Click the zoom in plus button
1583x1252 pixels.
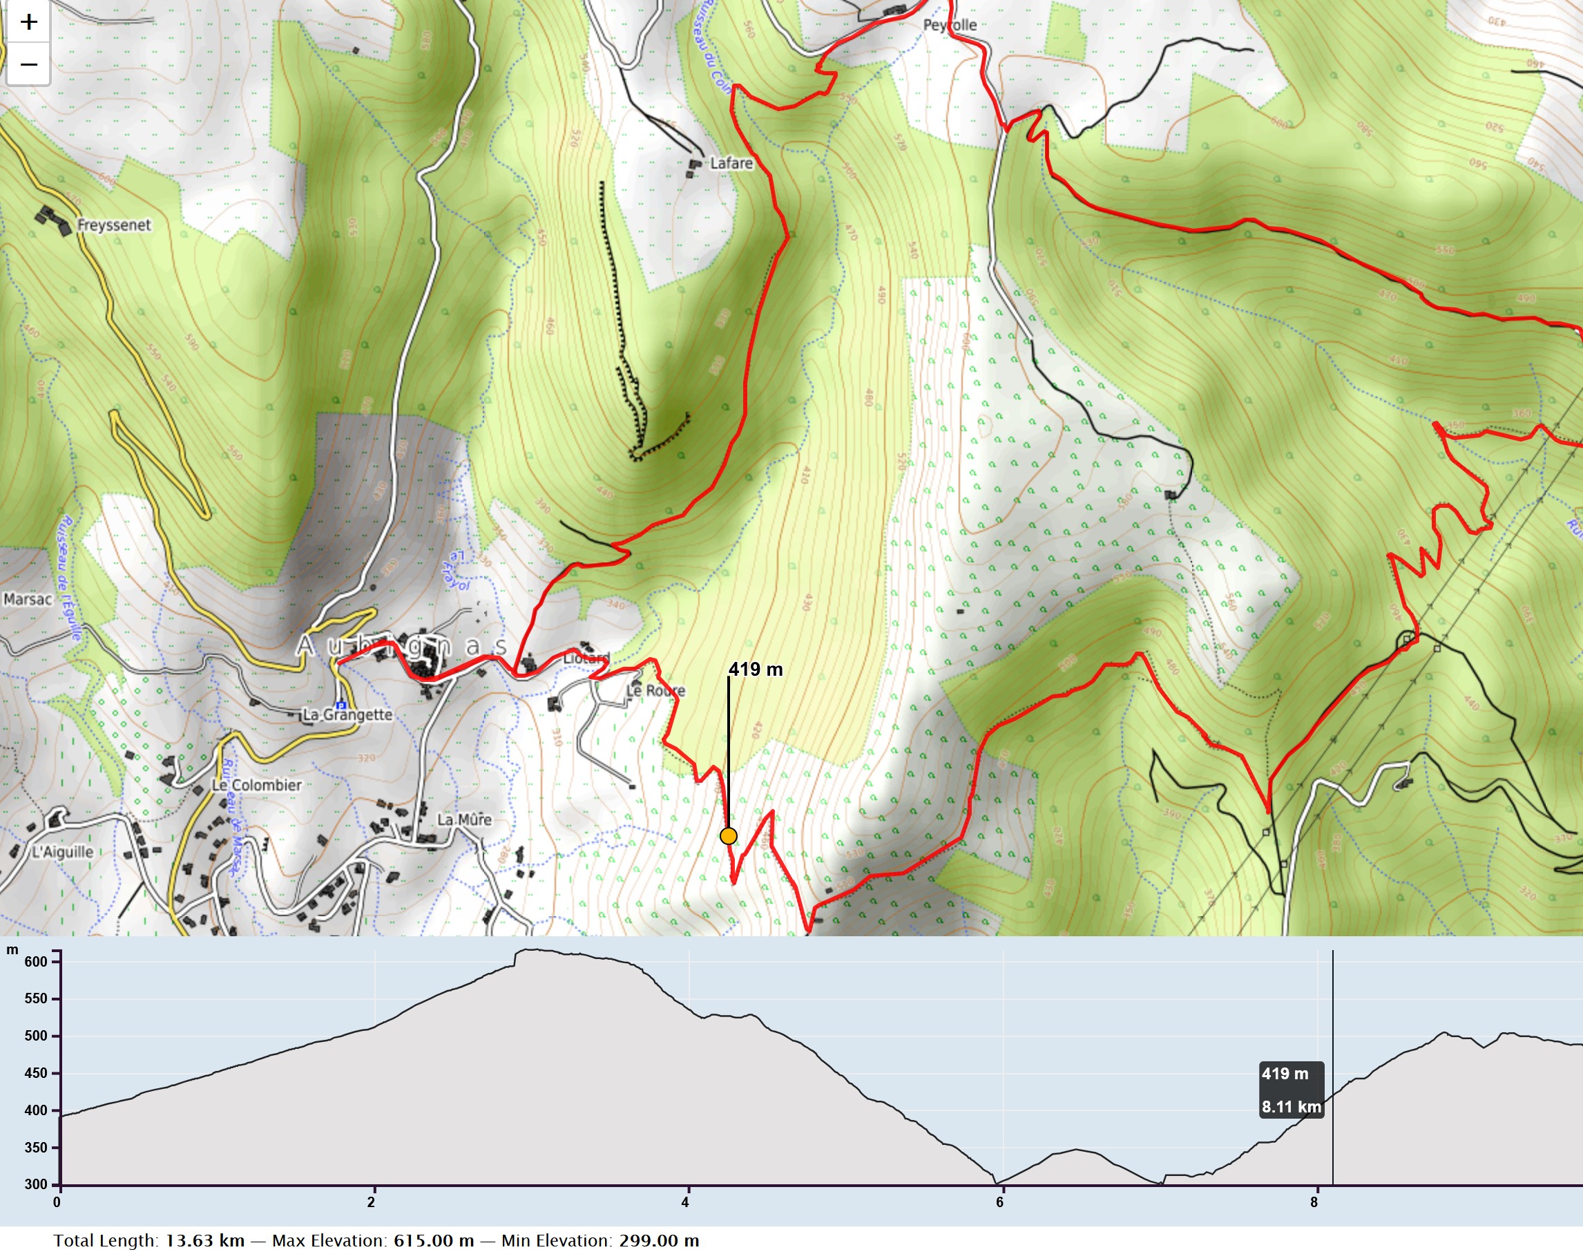tap(28, 22)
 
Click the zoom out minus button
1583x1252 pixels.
tap(28, 64)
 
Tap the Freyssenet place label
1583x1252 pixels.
tap(113, 225)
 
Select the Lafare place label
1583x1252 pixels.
tap(731, 164)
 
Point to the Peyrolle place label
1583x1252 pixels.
tap(950, 25)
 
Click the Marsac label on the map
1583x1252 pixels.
tap(28, 600)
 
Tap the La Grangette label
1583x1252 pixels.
tap(347, 714)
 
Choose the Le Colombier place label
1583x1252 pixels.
tap(256, 785)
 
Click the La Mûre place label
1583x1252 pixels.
tap(464, 819)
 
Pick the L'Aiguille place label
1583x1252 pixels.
tap(63, 852)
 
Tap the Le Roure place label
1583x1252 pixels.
tap(655, 690)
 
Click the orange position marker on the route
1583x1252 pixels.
tap(728, 836)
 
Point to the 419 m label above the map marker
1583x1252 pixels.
tap(755, 670)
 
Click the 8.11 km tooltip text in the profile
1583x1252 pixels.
tap(1291, 1107)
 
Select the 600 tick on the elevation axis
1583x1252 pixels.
tap(36, 962)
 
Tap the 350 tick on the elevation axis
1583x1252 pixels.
tap(36, 1148)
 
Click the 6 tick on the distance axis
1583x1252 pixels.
tap(1000, 1202)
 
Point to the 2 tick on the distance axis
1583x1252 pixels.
tap(372, 1202)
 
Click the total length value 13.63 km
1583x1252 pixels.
tap(204, 1240)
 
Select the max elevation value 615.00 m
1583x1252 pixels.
tap(434, 1240)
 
